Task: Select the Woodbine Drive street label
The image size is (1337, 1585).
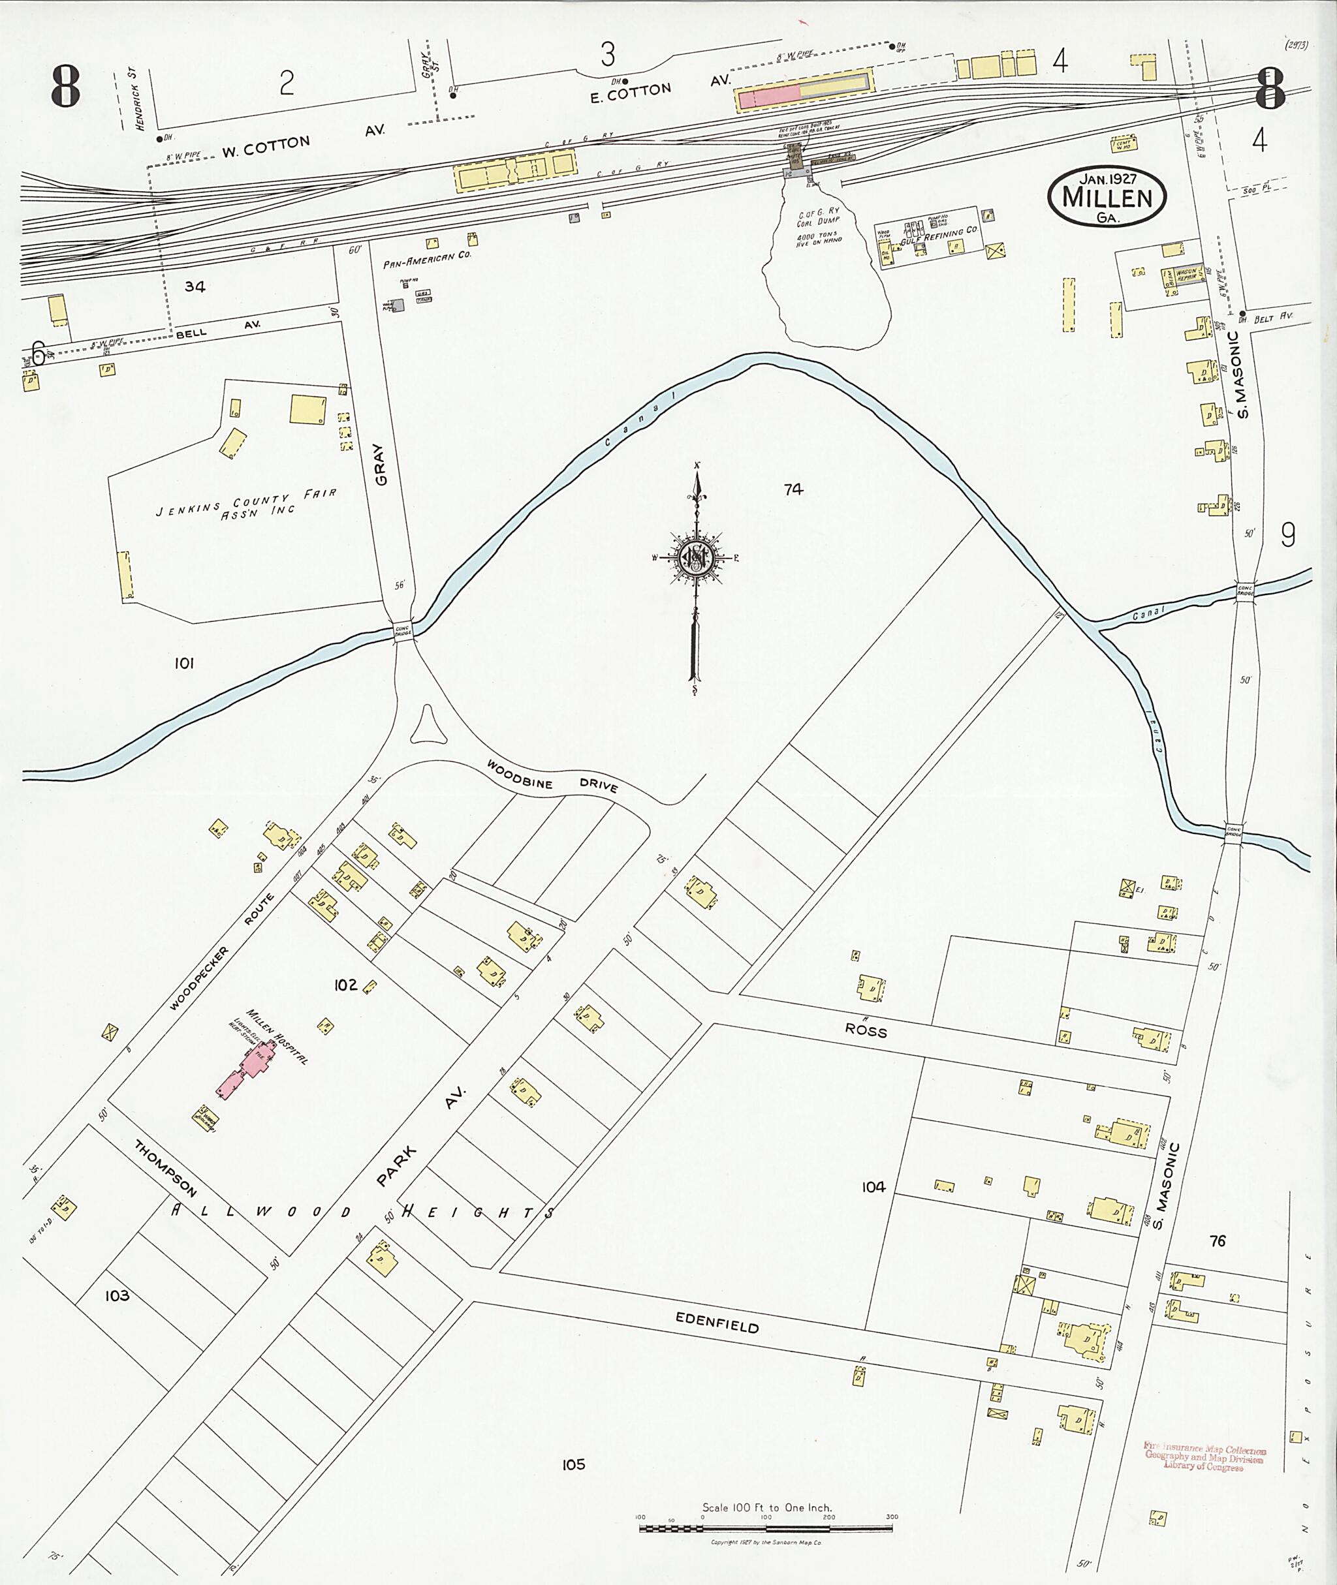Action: [552, 777]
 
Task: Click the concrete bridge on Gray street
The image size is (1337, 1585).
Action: [402, 630]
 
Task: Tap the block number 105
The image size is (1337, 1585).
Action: [573, 1464]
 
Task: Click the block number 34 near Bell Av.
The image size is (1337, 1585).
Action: [195, 286]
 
